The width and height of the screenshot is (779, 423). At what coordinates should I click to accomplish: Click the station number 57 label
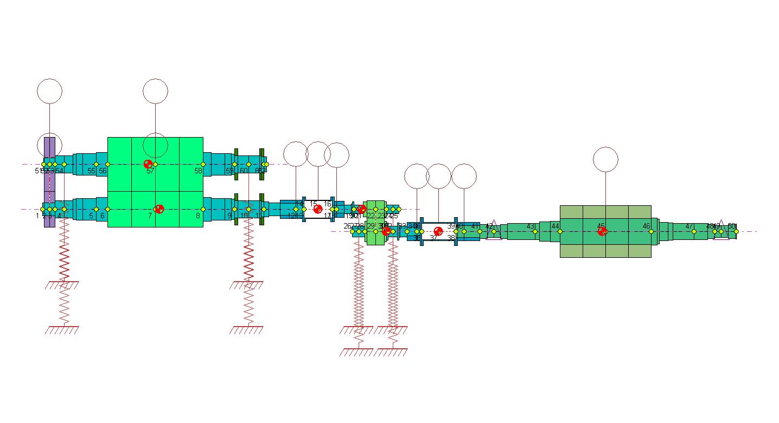point(150,171)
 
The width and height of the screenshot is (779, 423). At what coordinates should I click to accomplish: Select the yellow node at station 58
point(203,164)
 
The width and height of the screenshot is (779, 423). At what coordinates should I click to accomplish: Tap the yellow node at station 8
point(203,209)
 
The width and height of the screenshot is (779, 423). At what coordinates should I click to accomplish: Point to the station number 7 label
point(150,216)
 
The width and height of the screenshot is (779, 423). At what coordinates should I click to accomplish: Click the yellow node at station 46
point(651,232)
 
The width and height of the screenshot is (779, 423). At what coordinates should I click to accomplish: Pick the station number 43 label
point(531,226)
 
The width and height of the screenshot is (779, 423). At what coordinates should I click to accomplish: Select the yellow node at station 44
point(560,232)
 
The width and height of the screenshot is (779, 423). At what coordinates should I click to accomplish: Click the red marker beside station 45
point(602,231)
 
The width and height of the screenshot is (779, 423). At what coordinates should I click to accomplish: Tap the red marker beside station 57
point(148,164)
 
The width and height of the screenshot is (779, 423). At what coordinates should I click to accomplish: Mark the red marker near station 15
point(318,209)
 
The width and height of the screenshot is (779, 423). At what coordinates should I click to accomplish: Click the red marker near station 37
point(438,231)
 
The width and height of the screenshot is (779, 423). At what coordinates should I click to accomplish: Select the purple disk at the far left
point(49,182)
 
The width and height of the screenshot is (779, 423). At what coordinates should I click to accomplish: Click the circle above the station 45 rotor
point(605,159)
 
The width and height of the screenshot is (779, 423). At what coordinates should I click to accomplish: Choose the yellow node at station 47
point(694,232)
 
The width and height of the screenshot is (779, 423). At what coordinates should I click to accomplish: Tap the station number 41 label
point(475,226)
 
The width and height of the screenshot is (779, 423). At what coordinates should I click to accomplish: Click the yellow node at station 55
point(96,164)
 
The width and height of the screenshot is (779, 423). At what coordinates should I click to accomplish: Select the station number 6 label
point(102,216)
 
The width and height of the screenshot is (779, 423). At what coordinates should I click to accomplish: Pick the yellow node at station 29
point(375,232)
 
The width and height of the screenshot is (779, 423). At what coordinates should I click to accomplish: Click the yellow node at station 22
point(375,209)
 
